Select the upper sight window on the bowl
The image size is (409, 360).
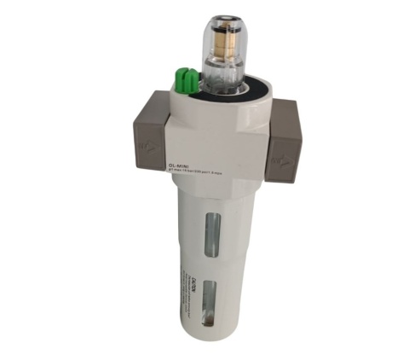point(213,233)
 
